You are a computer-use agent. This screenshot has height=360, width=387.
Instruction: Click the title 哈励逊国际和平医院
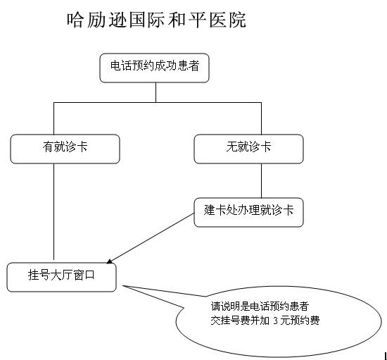click(156, 20)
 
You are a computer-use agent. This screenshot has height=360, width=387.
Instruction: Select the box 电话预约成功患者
click(155, 68)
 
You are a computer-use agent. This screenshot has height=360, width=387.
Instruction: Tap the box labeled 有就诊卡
click(65, 149)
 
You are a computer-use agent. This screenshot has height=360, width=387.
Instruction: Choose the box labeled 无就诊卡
click(249, 149)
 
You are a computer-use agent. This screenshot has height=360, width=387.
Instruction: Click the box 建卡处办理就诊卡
click(249, 212)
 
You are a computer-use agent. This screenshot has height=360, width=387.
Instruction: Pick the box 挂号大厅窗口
click(61, 278)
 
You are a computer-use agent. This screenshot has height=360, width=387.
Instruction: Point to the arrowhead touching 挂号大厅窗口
click(110, 261)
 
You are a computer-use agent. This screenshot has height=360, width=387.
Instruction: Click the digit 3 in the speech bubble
click(275, 321)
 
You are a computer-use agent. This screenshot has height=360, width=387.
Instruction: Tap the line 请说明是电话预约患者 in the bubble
click(260, 306)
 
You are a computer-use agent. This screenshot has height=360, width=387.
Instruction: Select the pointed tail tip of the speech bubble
click(123, 286)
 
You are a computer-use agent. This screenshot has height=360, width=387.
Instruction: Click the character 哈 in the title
click(75, 20)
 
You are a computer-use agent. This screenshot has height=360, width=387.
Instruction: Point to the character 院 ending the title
click(237, 20)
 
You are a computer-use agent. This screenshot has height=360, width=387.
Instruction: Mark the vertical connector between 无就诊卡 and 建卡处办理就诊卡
click(261, 180)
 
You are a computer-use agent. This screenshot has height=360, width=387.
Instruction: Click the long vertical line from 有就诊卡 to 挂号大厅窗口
click(53, 212)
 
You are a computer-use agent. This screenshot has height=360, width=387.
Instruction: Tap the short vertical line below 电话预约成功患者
click(156, 92)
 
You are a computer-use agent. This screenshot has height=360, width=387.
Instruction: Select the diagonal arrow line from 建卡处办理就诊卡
click(151, 237)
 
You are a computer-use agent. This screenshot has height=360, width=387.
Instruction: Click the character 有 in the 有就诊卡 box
click(48, 147)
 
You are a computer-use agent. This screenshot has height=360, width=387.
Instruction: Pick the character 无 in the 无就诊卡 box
click(231, 147)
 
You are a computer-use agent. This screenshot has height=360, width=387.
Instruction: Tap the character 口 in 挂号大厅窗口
click(90, 275)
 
